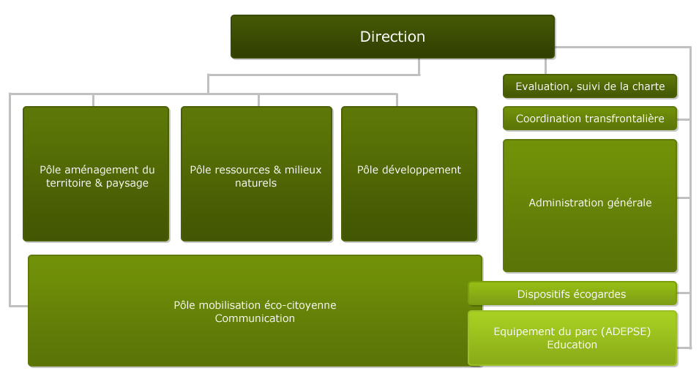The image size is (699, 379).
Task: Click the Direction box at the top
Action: tap(393, 37)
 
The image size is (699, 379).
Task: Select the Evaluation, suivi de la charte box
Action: tap(590, 86)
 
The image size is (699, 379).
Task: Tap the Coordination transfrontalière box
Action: tap(590, 118)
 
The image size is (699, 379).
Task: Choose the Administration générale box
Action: tap(590, 206)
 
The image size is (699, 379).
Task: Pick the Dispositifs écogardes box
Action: tap(572, 293)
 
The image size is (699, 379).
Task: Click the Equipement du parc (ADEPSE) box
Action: tap(572, 338)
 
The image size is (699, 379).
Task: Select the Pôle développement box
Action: tap(409, 174)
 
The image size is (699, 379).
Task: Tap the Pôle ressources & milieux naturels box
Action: tap(256, 174)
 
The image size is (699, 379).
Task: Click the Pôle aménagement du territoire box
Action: tap(96, 174)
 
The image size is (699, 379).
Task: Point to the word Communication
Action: tap(255, 318)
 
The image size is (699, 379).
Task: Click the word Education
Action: tap(572, 345)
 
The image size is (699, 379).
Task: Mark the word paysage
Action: tap(127, 183)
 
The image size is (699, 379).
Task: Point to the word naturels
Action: tap(256, 183)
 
